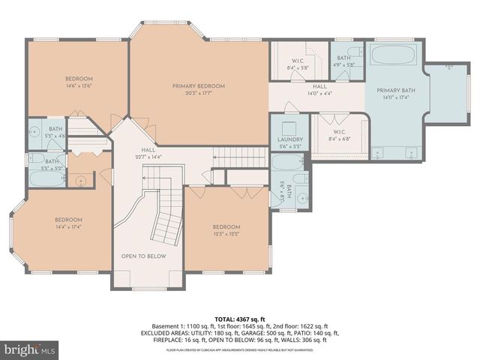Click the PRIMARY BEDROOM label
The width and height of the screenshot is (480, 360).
pos(198,86)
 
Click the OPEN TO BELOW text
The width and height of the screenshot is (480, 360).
pos(143,256)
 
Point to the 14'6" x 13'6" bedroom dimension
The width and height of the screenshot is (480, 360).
pos(78,86)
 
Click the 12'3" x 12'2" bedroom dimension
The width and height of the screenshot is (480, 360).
pos(225,234)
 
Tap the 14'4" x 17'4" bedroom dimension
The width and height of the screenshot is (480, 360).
pos(67,226)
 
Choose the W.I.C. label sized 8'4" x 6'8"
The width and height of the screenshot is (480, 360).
pos(340,137)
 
